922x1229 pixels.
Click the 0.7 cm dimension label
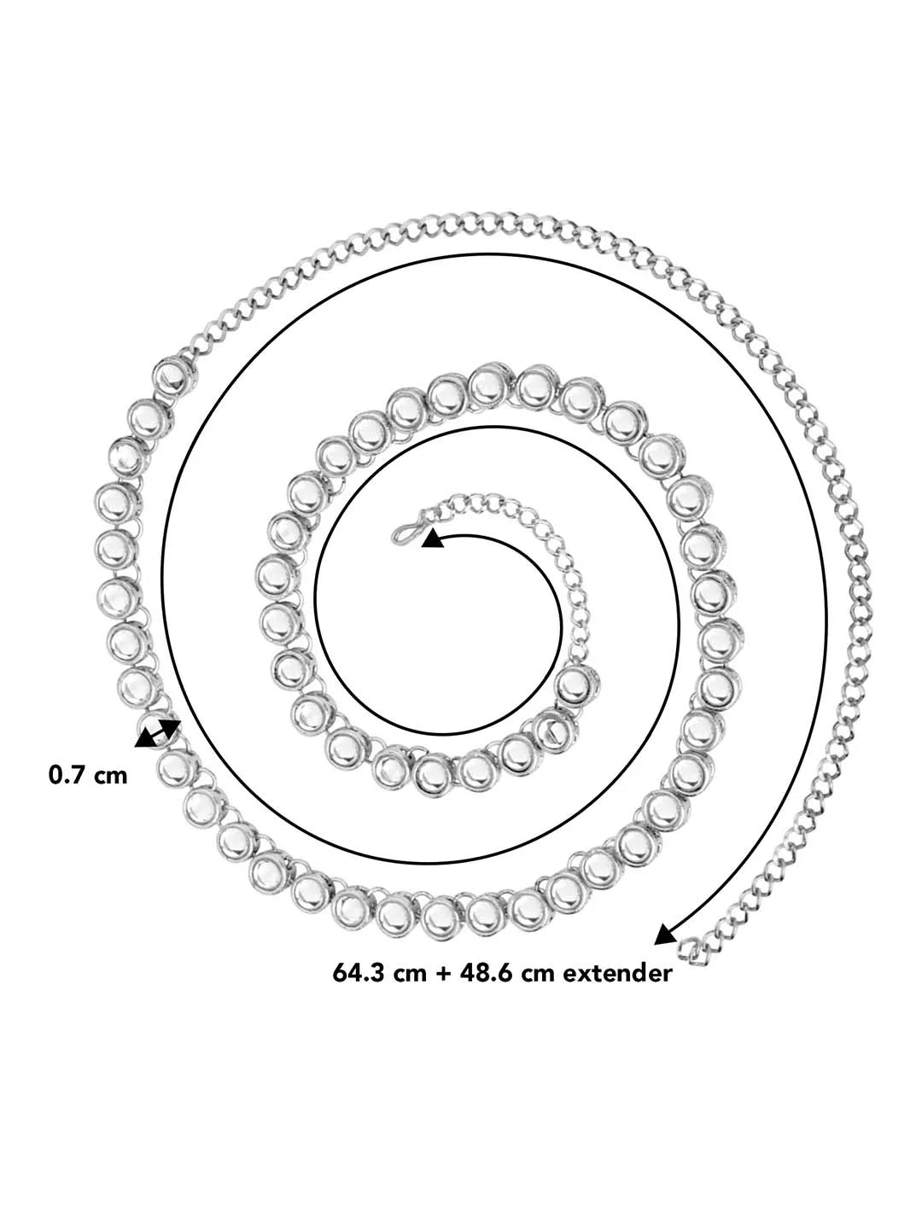coord(88,775)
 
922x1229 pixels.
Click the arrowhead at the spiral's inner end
coord(432,539)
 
